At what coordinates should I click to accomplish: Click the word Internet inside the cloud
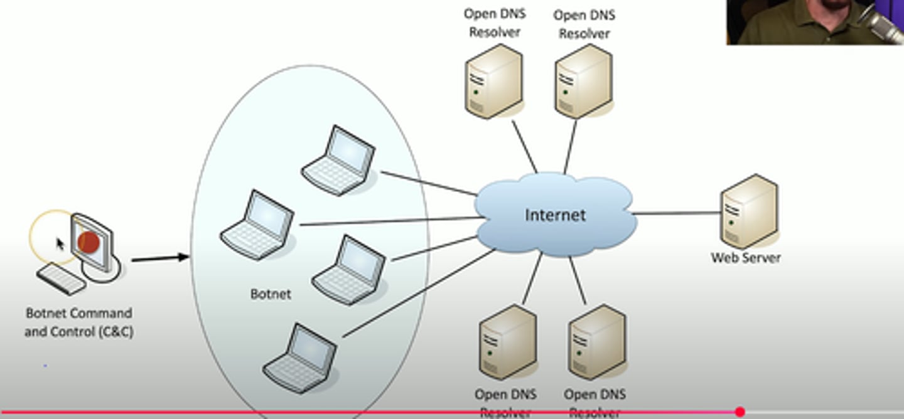[x=555, y=215]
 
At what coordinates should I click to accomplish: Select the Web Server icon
[x=749, y=211]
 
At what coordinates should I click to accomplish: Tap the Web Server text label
[x=746, y=257]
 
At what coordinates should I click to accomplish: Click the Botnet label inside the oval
[x=271, y=294]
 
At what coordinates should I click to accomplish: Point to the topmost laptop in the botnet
[x=339, y=161]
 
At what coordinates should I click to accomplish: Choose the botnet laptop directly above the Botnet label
[x=258, y=225]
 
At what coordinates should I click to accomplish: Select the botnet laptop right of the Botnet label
[x=349, y=270]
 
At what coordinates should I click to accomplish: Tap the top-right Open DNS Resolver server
[x=584, y=82]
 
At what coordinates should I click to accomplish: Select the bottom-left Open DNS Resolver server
[x=508, y=342]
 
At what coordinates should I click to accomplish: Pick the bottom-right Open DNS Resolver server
[x=597, y=342]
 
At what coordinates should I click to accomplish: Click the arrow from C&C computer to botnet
[x=160, y=257]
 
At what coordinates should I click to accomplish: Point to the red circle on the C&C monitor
[x=89, y=241]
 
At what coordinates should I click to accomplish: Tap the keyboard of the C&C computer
[x=62, y=279]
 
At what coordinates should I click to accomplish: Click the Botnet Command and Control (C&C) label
[x=78, y=322]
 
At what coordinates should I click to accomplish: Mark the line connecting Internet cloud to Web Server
[x=677, y=213]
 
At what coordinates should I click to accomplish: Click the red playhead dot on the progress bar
[x=740, y=412]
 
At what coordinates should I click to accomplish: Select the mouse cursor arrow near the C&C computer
[x=60, y=243]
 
